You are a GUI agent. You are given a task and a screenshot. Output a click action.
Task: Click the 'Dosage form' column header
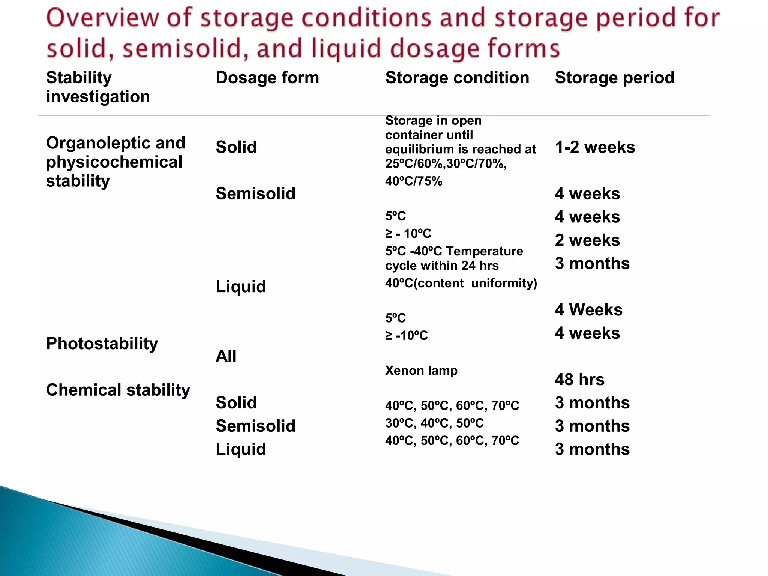[x=267, y=78]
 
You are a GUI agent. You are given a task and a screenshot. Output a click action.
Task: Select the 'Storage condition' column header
[x=457, y=78]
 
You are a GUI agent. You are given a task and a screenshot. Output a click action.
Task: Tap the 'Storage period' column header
[x=614, y=78]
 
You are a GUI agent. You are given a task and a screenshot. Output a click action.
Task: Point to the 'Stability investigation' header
[x=98, y=87]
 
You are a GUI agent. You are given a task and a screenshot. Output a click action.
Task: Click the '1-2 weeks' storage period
[x=595, y=147]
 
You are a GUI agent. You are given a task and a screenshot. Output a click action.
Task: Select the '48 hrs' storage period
[x=579, y=379]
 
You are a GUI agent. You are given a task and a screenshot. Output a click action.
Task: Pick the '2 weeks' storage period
[x=587, y=240]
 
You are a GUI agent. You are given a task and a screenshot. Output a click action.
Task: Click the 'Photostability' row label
[x=102, y=343]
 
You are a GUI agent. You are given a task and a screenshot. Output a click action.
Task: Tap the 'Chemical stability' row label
[x=118, y=390]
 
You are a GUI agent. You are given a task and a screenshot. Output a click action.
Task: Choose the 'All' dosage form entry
[x=226, y=356]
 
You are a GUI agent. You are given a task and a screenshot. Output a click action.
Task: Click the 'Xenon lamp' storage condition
[x=421, y=370]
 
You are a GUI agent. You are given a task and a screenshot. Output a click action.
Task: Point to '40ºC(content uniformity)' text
[x=461, y=283]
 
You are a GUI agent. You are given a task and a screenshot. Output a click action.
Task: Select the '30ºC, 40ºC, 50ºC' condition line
[x=434, y=423]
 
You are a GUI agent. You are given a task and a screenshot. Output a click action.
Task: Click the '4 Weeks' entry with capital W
[x=588, y=310]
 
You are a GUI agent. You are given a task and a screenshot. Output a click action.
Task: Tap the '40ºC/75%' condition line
[x=414, y=181]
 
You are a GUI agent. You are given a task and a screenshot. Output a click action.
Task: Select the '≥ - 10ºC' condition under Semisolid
[x=408, y=234]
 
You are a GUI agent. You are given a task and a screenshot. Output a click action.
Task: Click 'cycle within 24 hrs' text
[x=442, y=265]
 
